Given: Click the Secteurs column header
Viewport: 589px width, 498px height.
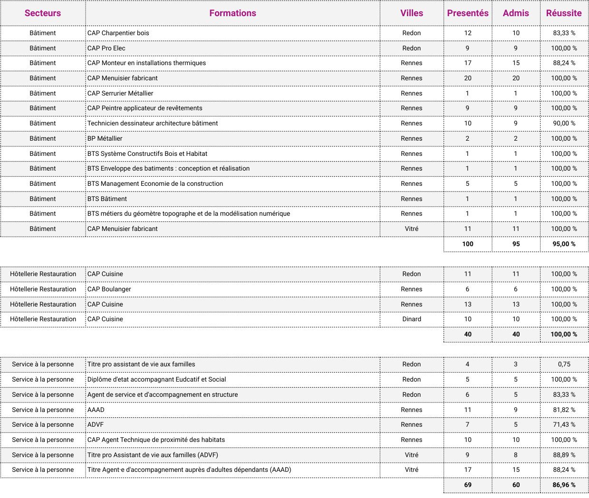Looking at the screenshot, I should click(x=43, y=13).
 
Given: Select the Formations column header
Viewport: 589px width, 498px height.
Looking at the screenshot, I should click(x=232, y=13).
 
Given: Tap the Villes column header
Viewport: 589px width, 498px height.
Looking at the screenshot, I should click(x=411, y=13).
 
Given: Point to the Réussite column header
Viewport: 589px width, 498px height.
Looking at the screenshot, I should click(x=564, y=13).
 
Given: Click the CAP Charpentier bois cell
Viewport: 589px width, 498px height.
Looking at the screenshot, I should click(x=118, y=33).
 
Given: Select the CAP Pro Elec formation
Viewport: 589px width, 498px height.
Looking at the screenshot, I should click(x=106, y=48).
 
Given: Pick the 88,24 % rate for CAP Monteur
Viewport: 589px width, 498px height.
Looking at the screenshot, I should click(x=564, y=63).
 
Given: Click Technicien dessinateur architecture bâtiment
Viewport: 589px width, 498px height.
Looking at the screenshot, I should click(x=153, y=124).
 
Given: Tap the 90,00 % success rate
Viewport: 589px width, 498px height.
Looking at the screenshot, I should click(x=564, y=124).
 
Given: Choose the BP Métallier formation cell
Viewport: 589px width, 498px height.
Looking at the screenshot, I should click(x=105, y=139).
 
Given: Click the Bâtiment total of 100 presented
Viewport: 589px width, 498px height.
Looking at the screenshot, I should click(x=468, y=244).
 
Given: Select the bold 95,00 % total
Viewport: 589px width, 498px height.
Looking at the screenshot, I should click(x=564, y=244).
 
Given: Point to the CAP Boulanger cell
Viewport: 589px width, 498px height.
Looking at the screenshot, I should click(x=109, y=289).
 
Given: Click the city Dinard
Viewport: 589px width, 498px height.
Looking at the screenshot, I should click(x=411, y=319).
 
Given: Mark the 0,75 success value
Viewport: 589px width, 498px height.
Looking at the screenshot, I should click(x=564, y=364).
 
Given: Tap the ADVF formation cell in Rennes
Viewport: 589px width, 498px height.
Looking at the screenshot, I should click(x=96, y=425).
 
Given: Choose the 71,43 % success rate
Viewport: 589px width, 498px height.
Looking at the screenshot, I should click(x=564, y=425).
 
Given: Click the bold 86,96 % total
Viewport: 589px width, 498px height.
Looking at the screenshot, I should click(x=564, y=485).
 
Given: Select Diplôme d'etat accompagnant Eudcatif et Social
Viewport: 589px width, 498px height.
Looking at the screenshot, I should click(x=157, y=380).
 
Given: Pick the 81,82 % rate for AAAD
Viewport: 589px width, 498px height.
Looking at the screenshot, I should click(x=564, y=410).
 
